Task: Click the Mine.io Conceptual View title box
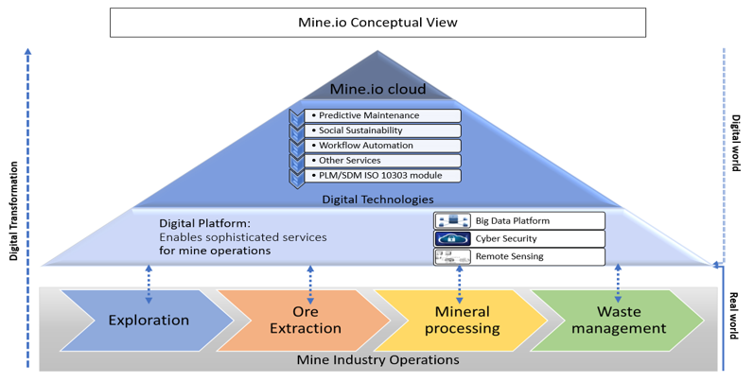[x=377, y=23]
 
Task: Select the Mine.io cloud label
[x=377, y=90]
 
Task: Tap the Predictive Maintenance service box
[x=383, y=115]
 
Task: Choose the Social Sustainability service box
[x=383, y=130]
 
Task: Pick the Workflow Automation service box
[x=383, y=146]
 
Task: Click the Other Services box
[x=383, y=161]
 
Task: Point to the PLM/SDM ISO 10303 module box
[x=383, y=175]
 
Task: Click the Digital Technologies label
[x=377, y=200]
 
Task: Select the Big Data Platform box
[x=518, y=220]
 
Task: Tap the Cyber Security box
[x=518, y=238]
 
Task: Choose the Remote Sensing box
[x=518, y=256]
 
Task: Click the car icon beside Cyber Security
[x=452, y=238]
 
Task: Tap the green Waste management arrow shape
[x=619, y=320]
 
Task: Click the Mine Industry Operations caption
[x=377, y=359]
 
